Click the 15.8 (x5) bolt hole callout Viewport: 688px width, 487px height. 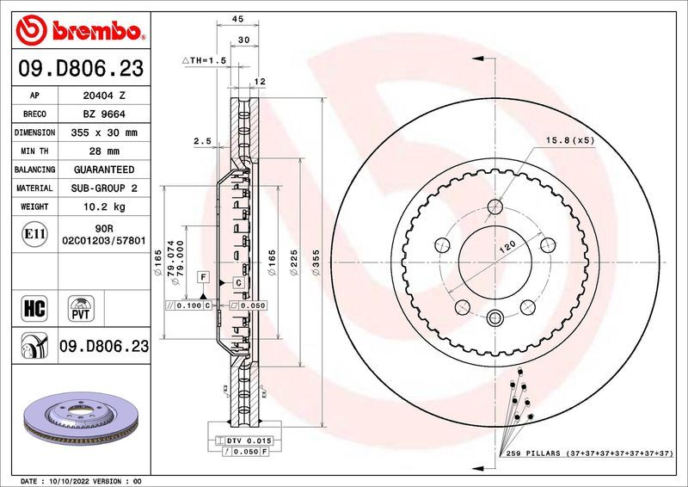(x=570, y=140)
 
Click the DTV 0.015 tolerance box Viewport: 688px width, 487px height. (x=251, y=440)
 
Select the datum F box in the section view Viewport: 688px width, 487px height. (x=204, y=276)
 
